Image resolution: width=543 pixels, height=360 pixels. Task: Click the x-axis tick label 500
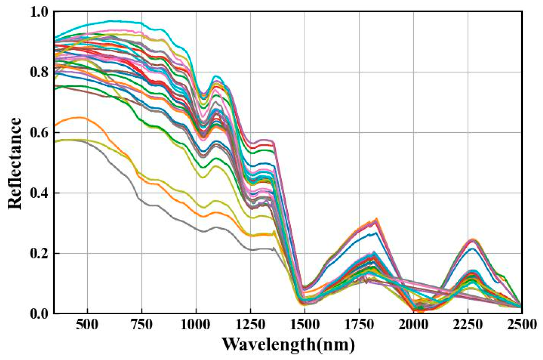coord(87,325)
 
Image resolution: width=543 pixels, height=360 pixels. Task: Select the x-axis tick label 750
coord(141,325)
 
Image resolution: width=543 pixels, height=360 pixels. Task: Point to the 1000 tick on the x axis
coord(196,325)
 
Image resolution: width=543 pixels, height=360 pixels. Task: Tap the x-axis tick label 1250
coord(250,325)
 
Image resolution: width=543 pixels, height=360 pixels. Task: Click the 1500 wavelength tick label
coord(305,325)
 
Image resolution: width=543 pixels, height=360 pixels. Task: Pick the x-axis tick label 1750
coord(359,325)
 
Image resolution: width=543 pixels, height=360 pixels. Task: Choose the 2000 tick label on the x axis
coord(413,325)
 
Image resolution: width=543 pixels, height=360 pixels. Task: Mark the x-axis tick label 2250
coord(468,325)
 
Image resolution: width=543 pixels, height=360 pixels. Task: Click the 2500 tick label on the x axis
coord(522,325)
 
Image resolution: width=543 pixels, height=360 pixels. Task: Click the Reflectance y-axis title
coord(15,163)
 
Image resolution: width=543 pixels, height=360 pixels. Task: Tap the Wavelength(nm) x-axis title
coord(288,344)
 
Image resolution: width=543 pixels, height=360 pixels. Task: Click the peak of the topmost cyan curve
coord(111,21)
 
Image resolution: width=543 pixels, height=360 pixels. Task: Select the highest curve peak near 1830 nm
coord(377,219)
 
